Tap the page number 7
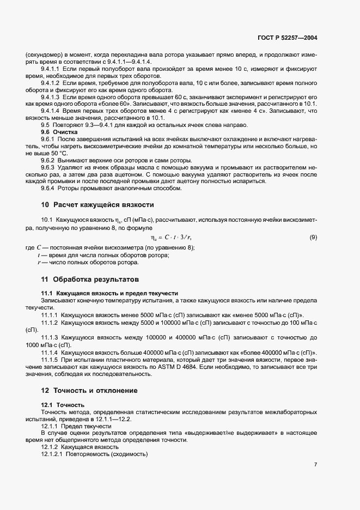[316, 465]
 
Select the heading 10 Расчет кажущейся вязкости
[97, 205]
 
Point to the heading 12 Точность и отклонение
[89, 391]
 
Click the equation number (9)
[313, 238]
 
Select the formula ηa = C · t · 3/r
[171, 238]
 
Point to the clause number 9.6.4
[50, 189]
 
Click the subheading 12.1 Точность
[63, 405]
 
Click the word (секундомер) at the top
[44, 54]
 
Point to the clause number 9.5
[46, 125]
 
